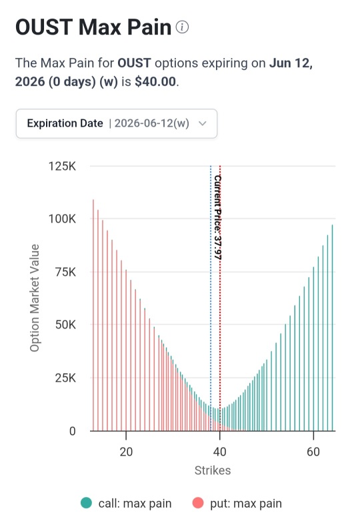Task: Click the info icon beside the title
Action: coord(182,27)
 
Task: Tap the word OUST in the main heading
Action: coord(44,27)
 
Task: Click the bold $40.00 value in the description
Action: coord(155,81)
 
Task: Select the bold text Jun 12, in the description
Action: coord(291,63)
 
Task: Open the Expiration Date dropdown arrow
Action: coord(203,123)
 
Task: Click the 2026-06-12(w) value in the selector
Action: coord(152,123)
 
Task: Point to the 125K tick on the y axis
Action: coord(62,166)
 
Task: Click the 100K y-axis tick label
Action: coord(62,219)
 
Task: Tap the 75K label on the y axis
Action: coord(65,272)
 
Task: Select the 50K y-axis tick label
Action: coord(65,324)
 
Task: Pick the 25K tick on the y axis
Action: coord(65,378)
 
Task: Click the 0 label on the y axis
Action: coord(73,431)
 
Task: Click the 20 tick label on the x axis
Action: coord(126,452)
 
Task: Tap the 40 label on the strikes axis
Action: coord(219,452)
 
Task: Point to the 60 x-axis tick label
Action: coord(313,452)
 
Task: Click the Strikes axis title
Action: coord(213,470)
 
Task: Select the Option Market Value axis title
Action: coord(35,298)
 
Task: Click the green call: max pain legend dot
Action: coord(86,503)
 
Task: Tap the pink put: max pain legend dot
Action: coord(198,503)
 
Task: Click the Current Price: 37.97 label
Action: coord(217,217)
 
